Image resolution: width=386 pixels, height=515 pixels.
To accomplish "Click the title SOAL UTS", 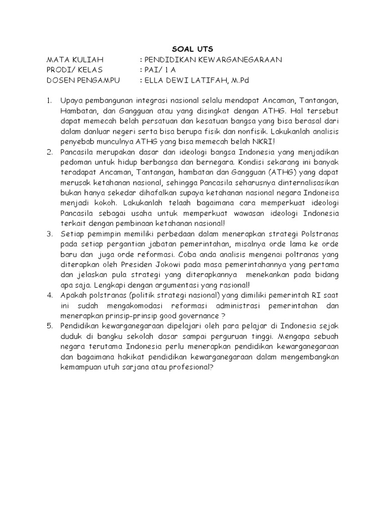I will (x=192, y=49).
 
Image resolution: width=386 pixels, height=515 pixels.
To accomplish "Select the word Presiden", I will (x=133, y=264).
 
